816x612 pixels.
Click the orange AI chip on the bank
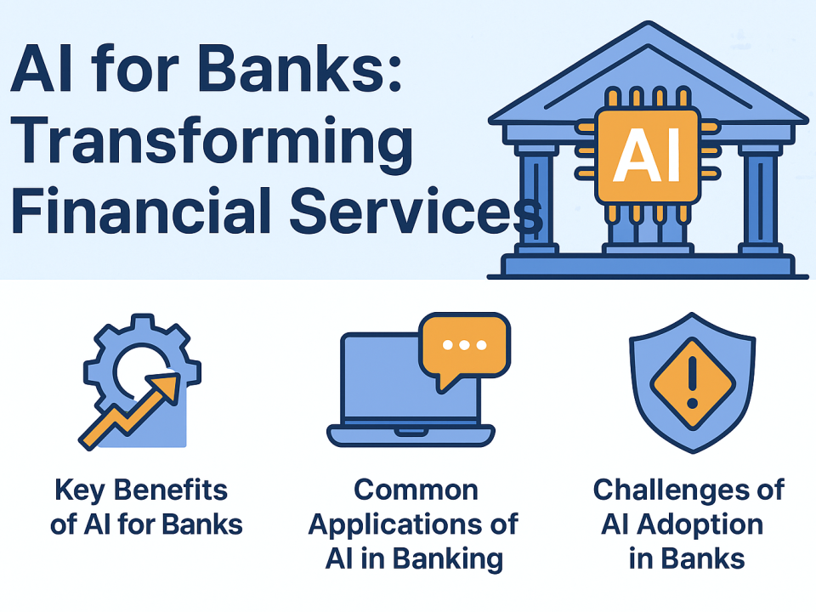tap(648, 157)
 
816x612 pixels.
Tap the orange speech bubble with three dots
tap(466, 345)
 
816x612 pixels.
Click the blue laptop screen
tap(382, 382)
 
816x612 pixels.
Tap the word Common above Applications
tap(416, 490)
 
